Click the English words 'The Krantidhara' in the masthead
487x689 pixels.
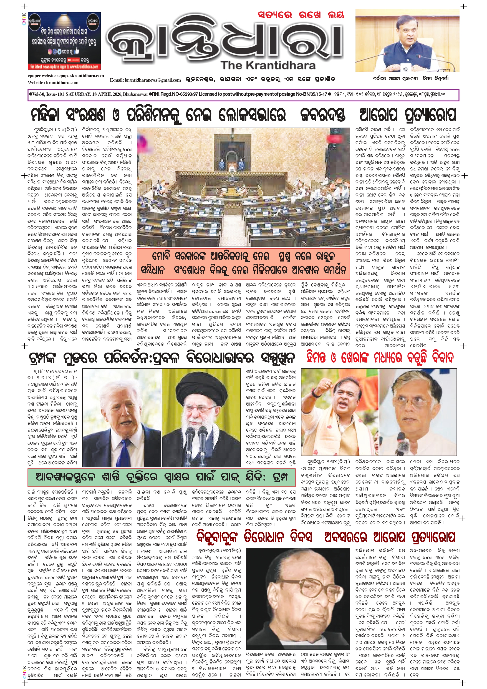tap(268, 66)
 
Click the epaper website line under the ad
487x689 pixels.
tap(66, 76)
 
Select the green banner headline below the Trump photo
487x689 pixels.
tap(162, 477)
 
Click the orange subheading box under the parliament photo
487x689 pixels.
tap(243, 263)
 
